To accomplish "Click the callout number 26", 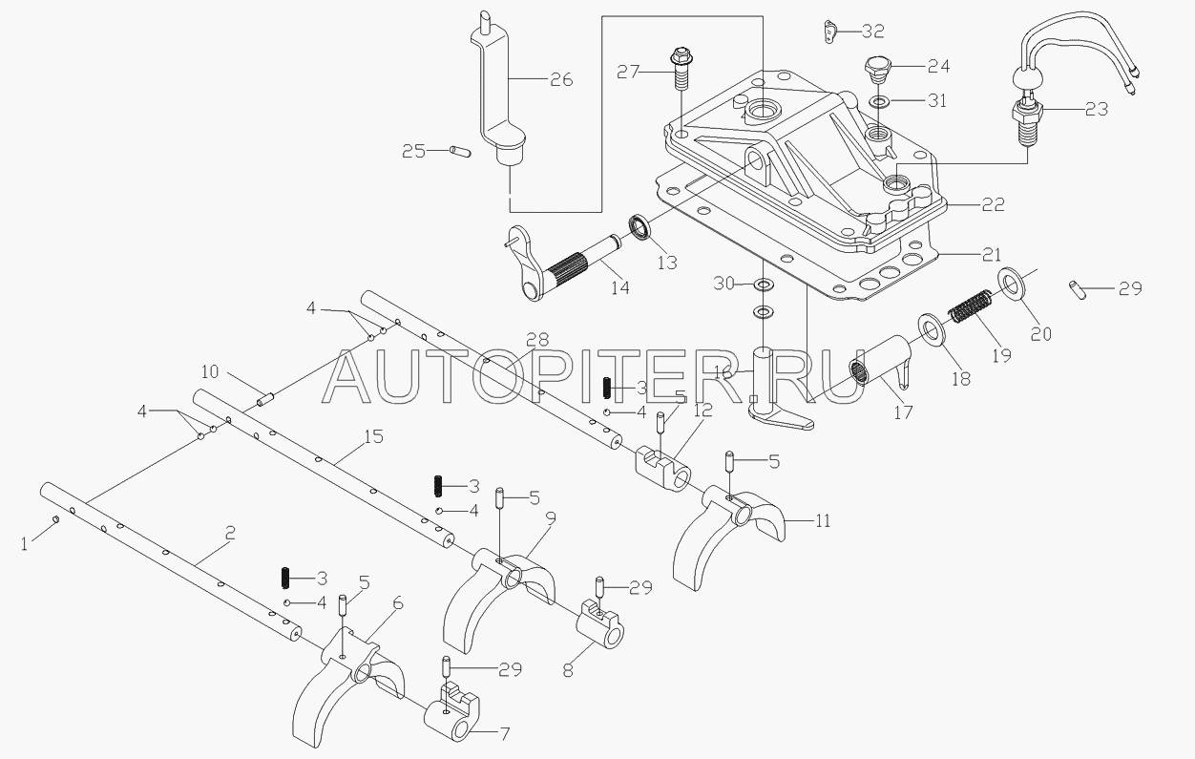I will tap(560, 79).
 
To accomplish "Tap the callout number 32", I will tap(872, 32).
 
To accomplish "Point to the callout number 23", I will tap(1096, 110).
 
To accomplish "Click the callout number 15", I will tap(372, 437).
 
